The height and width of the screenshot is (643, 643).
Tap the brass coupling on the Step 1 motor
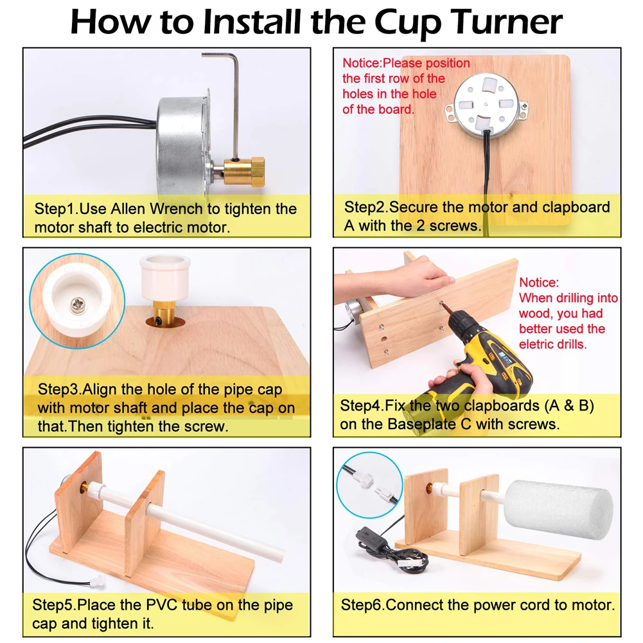[x=244, y=172]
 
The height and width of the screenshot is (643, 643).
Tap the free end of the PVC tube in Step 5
[x=279, y=554]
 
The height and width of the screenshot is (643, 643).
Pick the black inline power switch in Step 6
[x=372, y=538]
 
